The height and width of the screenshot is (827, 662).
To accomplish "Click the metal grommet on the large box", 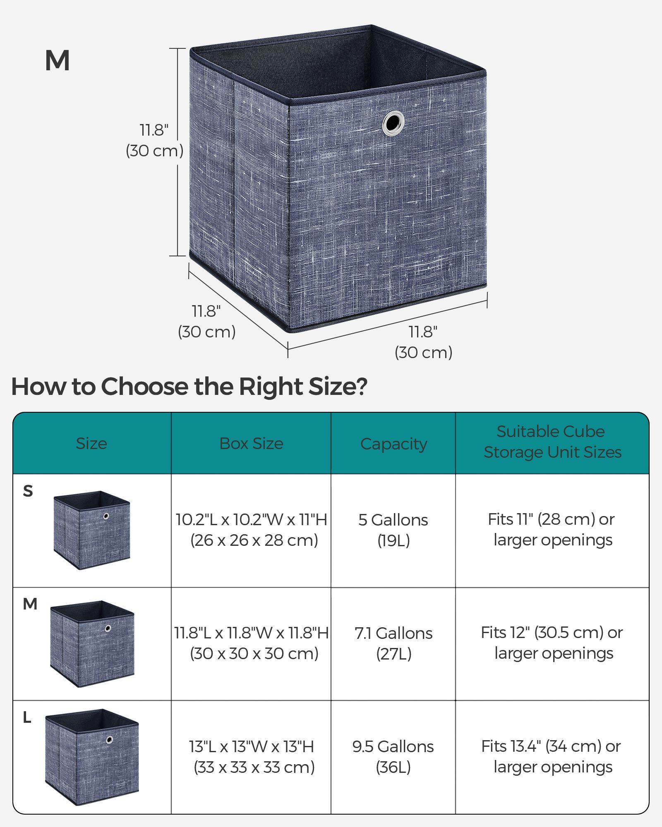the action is (x=393, y=123).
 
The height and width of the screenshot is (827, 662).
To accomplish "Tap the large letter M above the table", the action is (x=57, y=61).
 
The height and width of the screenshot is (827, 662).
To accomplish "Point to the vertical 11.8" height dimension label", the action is (x=154, y=141).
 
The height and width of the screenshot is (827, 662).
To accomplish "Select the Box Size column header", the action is (x=251, y=443).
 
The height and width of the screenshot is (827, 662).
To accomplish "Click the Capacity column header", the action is (x=393, y=444).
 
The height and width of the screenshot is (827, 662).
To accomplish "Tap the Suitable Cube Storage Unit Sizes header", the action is (x=552, y=442).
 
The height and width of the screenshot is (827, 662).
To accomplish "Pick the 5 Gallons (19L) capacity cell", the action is (x=393, y=530).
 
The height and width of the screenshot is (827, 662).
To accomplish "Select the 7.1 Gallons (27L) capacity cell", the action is (x=393, y=643).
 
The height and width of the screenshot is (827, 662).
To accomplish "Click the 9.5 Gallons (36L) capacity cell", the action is (x=393, y=757).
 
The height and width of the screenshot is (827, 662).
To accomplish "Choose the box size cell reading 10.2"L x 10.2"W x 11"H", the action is (x=252, y=530).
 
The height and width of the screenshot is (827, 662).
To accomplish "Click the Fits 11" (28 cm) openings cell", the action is (x=552, y=530).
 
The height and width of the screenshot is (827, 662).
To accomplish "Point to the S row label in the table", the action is (x=28, y=491).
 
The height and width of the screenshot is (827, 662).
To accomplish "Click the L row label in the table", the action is (x=27, y=717).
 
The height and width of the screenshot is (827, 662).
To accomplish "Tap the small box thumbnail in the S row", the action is (x=91, y=530).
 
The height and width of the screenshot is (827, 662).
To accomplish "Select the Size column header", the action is (x=91, y=443).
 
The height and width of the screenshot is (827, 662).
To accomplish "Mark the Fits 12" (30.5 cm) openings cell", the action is (x=552, y=643).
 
